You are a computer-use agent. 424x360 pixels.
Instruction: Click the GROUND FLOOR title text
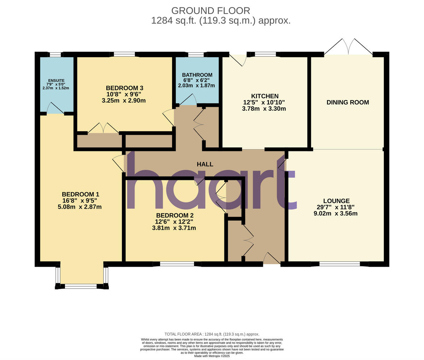tap(211, 11)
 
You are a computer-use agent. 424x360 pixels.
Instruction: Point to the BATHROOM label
tap(197, 75)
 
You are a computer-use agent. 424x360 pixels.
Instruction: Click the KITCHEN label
tap(264, 96)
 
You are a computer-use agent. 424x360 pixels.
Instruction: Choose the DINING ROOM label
tap(347, 103)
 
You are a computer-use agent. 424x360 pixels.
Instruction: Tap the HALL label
tap(205, 164)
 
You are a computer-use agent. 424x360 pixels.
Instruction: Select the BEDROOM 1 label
tap(80, 194)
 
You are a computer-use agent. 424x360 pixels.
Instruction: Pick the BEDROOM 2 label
tap(175, 215)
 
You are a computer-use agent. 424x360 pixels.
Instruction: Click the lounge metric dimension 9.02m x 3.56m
tap(336, 213)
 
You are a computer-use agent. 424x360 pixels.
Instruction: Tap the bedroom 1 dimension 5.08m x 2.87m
tap(80, 207)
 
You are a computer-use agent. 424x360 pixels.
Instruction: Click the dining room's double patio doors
tap(348, 47)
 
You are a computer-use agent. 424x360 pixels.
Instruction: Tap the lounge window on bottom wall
tap(340, 264)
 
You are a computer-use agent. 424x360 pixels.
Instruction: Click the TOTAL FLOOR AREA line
tap(212, 334)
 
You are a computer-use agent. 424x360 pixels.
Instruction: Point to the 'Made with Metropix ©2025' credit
tap(212, 356)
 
